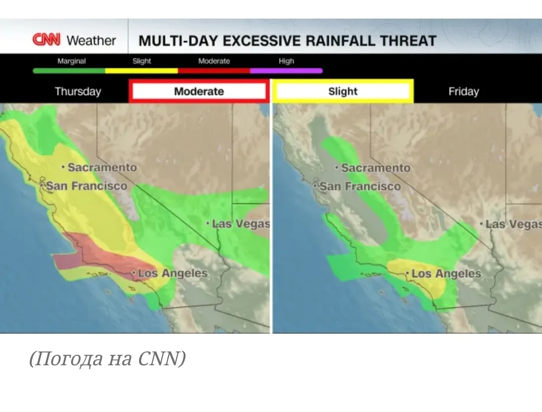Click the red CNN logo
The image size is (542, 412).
(46, 39)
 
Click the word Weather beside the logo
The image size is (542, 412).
(91, 41)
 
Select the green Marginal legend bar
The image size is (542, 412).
(69, 71)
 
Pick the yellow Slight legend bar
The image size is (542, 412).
(142, 71)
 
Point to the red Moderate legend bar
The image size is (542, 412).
(214, 71)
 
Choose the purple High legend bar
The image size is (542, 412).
(286, 71)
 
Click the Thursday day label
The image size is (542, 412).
(78, 91)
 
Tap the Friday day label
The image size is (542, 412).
(464, 91)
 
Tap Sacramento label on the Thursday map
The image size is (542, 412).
(102, 167)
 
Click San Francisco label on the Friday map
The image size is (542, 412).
(360, 186)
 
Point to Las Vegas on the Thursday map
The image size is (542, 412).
(240, 224)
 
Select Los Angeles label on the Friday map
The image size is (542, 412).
(446, 274)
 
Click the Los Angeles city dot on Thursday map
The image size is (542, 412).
(134, 273)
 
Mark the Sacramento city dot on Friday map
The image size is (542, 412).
(337, 168)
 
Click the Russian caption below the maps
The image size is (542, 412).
(107, 358)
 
